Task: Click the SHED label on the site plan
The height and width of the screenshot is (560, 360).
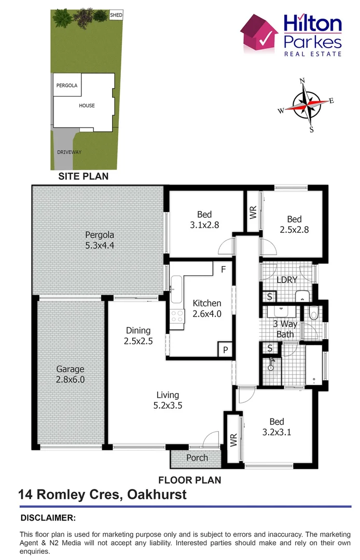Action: pyautogui.click(x=116, y=16)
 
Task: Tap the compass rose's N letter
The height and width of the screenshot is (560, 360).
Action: pyautogui.click(x=302, y=81)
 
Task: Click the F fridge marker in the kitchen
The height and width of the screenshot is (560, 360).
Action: pyautogui.click(x=223, y=270)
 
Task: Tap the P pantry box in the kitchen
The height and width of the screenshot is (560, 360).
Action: pyautogui.click(x=226, y=350)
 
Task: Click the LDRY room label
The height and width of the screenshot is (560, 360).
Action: pyautogui.click(x=286, y=280)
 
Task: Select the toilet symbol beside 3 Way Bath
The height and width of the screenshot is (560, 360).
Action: pyautogui.click(x=313, y=313)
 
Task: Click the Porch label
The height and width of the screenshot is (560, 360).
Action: pyautogui.click(x=197, y=458)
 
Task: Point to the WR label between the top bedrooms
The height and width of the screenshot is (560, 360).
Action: pyautogui.click(x=253, y=213)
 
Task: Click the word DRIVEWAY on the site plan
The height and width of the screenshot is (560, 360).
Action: pyautogui.click(x=70, y=152)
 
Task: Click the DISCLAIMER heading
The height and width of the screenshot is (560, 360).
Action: pyautogui.click(x=48, y=517)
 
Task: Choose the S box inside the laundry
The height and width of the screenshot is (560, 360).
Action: pyautogui.click(x=270, y=297)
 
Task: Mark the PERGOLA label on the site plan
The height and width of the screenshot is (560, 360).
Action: pyautogui.click(x=67, y=86)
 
